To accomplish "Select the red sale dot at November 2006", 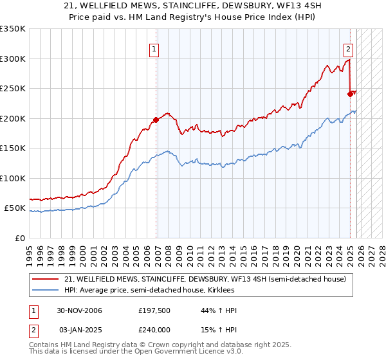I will [x=156, y=120].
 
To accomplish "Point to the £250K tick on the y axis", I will [x=13, y=89].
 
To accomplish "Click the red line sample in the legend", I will [x=46, y=279].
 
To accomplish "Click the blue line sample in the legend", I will [x=46, y=291].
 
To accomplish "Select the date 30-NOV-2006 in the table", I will [x=79, y=311].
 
